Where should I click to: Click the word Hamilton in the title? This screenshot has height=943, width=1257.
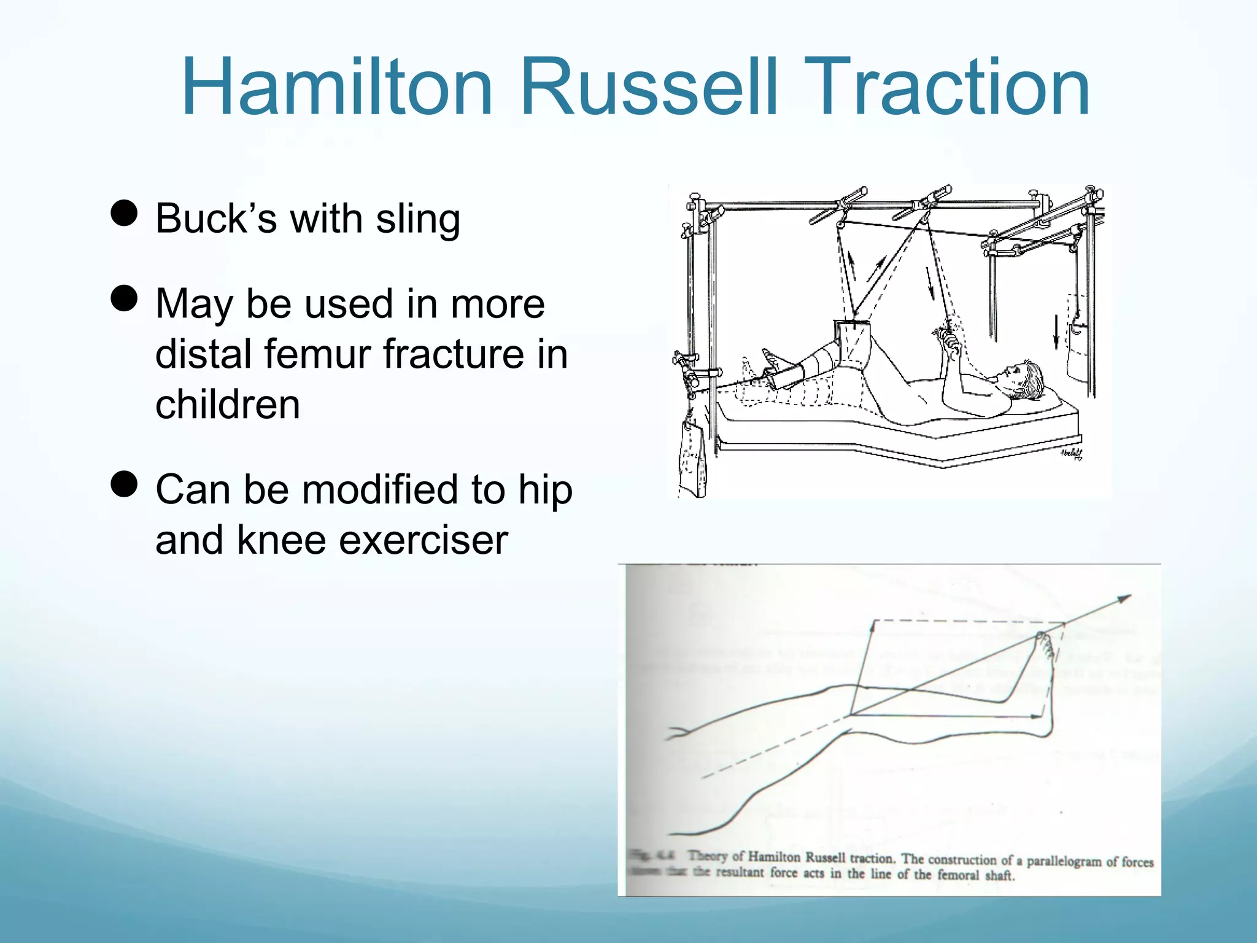click(338, 87)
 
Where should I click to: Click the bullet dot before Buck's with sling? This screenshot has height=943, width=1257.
click(124, 213)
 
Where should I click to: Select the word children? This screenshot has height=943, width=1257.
click(228, 405)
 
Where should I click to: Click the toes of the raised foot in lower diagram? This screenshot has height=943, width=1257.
click(1043, 642)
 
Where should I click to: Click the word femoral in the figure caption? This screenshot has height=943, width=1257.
click(958, 874)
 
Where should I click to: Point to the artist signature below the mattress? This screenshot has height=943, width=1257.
click(1071, 454)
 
